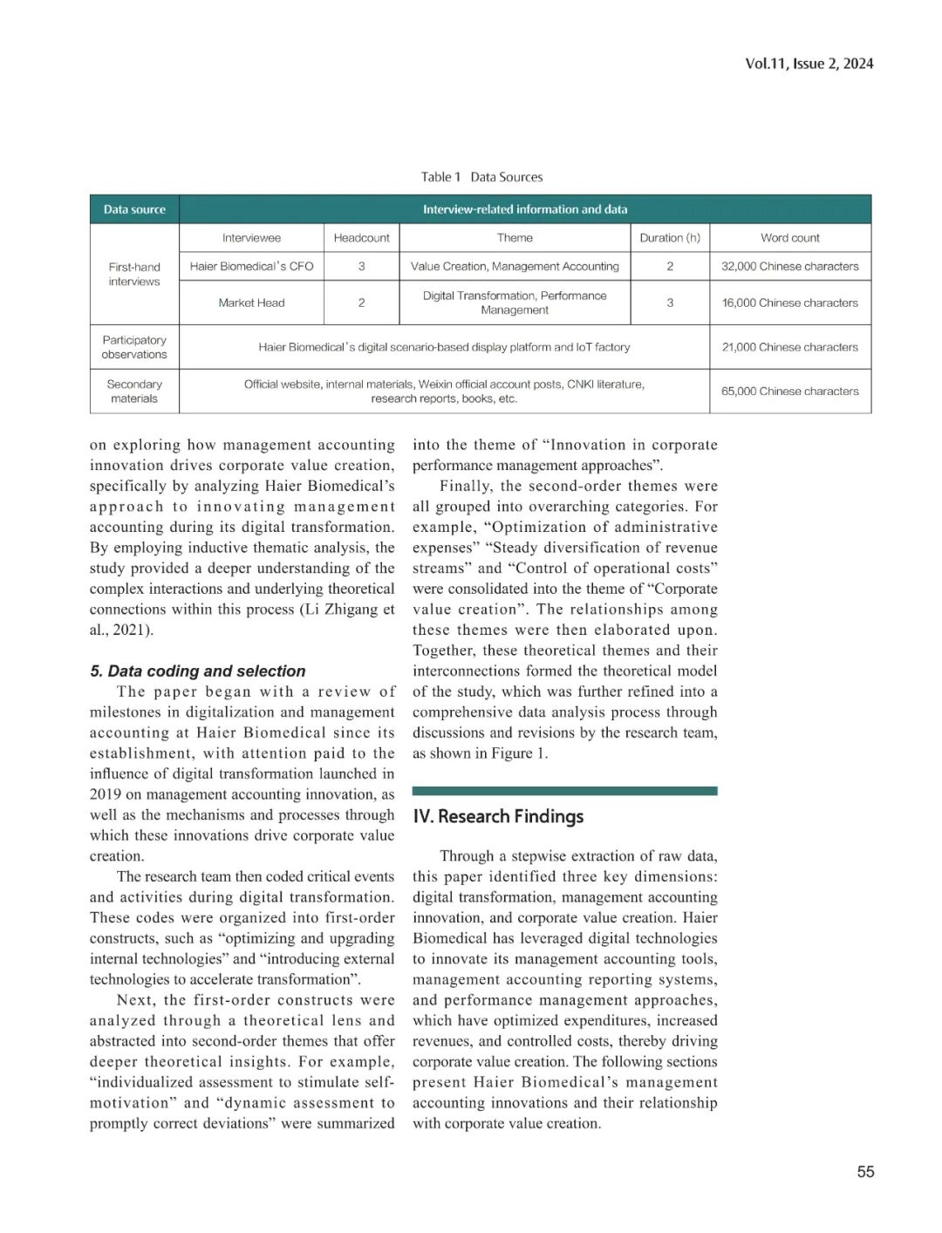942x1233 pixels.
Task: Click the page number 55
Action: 865,1171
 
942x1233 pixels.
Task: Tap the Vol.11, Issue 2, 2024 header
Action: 809,63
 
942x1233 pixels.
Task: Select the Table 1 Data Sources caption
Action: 481,177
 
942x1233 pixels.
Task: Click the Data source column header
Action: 134,209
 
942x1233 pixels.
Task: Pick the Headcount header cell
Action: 361,237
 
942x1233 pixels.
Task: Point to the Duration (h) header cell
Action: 669,237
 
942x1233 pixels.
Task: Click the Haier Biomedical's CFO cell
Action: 251,266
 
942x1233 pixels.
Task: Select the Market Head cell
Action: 251,303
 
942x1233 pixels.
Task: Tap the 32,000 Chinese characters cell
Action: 789,266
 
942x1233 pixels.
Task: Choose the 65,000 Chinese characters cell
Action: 789,391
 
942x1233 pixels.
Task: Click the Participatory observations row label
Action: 134,347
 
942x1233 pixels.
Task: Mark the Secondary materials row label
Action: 134,391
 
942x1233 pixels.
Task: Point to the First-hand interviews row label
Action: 134,274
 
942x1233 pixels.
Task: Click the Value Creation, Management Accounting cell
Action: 515,266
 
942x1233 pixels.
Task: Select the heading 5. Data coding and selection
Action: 198,671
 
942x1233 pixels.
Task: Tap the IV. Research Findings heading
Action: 498,816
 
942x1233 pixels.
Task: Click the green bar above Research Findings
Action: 564,791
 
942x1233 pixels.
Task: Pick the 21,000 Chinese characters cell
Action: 789,347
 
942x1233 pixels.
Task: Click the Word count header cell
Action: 789,237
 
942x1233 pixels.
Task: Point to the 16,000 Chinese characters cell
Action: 789,303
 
